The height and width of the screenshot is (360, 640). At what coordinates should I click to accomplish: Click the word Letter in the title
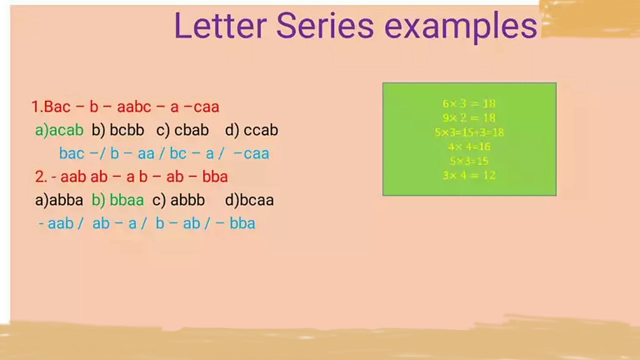(x=219, y=26)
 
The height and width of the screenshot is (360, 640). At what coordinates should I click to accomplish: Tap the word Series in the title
(x=324, y=26)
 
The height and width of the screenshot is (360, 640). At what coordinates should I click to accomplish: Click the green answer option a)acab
(x=59, y=130)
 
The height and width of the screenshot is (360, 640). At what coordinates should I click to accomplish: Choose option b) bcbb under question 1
(x=118, y=130)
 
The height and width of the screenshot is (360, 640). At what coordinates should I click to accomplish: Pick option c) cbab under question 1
(x=182, y=130)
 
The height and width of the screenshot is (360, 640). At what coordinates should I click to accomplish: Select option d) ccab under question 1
(x=251, y=130)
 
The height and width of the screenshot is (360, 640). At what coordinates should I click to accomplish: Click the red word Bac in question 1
(x=57, y=106)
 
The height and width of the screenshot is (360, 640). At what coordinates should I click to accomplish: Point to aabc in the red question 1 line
(x=134, y=106)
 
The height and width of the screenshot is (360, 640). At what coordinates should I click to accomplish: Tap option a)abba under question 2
(x=59, y=200)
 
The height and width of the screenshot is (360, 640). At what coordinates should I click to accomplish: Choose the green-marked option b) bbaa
(x=118, y=200)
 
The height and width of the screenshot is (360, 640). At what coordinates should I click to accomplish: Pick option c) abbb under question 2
(x=178, y=200)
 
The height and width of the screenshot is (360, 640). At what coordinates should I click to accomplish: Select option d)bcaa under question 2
(x=249, y=200)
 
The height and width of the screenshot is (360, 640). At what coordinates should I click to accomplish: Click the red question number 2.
(x=40, y=176)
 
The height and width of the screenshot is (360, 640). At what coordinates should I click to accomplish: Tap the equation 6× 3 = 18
(x=469, y=103)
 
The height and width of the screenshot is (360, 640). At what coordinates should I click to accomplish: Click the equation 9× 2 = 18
(x=469, y=118)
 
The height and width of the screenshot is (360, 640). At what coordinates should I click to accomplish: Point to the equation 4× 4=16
(x=469, y=146)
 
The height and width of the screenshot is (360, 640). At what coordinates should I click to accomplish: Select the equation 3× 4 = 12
(x=469, y=175)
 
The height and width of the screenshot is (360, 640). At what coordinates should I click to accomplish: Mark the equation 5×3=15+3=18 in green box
(x=469, y=132)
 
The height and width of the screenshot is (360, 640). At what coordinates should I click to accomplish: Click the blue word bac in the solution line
(x=71, y=153)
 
